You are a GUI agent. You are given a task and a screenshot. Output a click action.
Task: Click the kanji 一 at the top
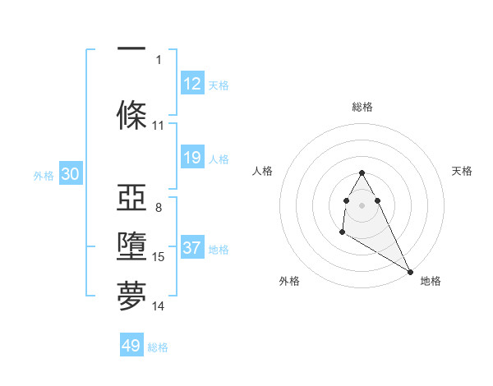(131, 49)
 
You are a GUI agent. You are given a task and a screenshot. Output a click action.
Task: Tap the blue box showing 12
(192, 84)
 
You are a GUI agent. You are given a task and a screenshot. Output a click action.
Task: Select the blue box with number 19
(192, 158)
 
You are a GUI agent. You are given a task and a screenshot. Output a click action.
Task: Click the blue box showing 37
(192, 248)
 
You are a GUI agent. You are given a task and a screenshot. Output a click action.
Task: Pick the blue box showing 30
(70, 174)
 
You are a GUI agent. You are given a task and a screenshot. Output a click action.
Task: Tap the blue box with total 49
(131, 346)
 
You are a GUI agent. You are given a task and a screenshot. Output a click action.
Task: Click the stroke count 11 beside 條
(159, 126)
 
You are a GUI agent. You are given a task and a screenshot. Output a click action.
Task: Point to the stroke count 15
(159, 257)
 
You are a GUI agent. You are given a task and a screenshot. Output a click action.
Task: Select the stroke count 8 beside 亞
(159, 208)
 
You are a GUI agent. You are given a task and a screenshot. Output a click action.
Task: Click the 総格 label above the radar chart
(362, 107)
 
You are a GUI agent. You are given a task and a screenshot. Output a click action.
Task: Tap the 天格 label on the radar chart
(462, 171)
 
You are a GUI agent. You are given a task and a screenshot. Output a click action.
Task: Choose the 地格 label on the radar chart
(431, 281)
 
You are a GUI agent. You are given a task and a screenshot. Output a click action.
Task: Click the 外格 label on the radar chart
(289, 281)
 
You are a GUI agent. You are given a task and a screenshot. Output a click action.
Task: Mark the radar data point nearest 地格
(411, 272)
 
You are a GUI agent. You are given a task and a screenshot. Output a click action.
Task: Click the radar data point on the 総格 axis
(362, 173)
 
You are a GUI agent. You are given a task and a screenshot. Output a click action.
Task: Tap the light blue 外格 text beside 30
(44, 175)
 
